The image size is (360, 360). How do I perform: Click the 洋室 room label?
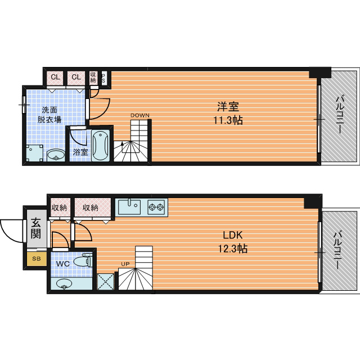click(x=228, y=106)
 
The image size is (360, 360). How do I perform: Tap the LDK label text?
click(x=232, y=235)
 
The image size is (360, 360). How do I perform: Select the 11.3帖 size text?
click(x=228, y=120)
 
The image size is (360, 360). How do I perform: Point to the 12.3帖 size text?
click(x=232, y=249)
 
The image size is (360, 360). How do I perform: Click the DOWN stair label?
click(x=140, y=115)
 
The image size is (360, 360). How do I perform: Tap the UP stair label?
click(x=125, y=264)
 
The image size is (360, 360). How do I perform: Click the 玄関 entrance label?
click(x=36, y=229)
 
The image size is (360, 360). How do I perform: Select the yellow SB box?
click(x=37, y=259)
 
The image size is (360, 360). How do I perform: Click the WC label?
click(x=62, y=264)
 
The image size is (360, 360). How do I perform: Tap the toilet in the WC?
click(x=83, y=261)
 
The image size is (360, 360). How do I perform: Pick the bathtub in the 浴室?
click(x=100, y=145)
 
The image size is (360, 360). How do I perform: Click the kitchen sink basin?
click(x=129, y=206)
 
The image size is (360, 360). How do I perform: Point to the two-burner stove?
click(x=156, y=207)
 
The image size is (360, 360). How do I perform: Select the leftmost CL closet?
click(x=55, y=78)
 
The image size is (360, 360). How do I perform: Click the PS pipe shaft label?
click(x=103, y=79)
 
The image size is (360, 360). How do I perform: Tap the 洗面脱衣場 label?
click(x=49, y=115)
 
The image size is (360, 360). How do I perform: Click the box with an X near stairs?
click(x=106, y=281)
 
